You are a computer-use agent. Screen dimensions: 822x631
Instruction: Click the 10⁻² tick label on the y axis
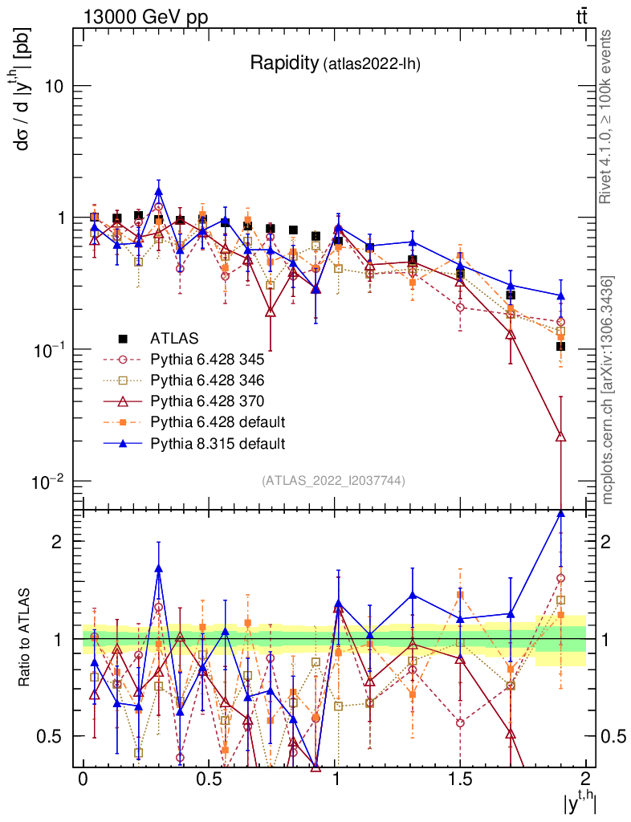(49, 482)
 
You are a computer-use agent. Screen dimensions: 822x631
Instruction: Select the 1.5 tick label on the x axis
(460, 780)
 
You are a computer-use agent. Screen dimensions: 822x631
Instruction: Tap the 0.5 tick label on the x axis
(209, 780)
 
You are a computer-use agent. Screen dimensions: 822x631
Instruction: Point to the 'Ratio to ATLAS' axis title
(25, 638)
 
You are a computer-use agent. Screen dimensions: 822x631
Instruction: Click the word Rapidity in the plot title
(283, 63)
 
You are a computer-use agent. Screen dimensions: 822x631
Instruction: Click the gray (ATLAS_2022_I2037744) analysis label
(333, 481)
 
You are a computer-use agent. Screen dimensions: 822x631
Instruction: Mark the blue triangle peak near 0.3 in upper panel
(159, 191)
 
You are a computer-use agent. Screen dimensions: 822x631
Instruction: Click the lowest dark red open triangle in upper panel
(560, 437)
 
